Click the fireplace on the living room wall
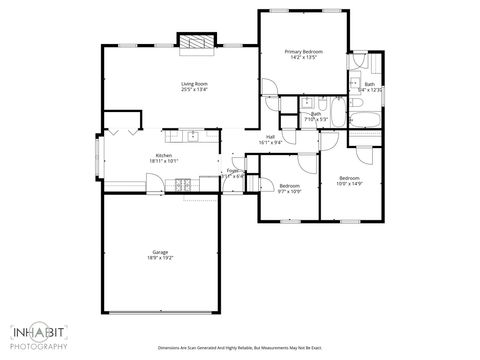[x=196, y=41]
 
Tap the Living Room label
[x=194, y=83]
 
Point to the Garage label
[x=160, y=252]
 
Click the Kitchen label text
[x=164, y=155]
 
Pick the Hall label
[x=270, y=137]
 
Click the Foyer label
[x=232, y=171]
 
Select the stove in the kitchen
[x=183, y=184]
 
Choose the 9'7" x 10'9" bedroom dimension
[x=290, y=191]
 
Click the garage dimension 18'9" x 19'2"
[x=160, y=258]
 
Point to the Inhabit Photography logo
[x=39, y=336]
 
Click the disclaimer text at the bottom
[x=241, y=347]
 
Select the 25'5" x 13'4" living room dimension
[x=194, y=89]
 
